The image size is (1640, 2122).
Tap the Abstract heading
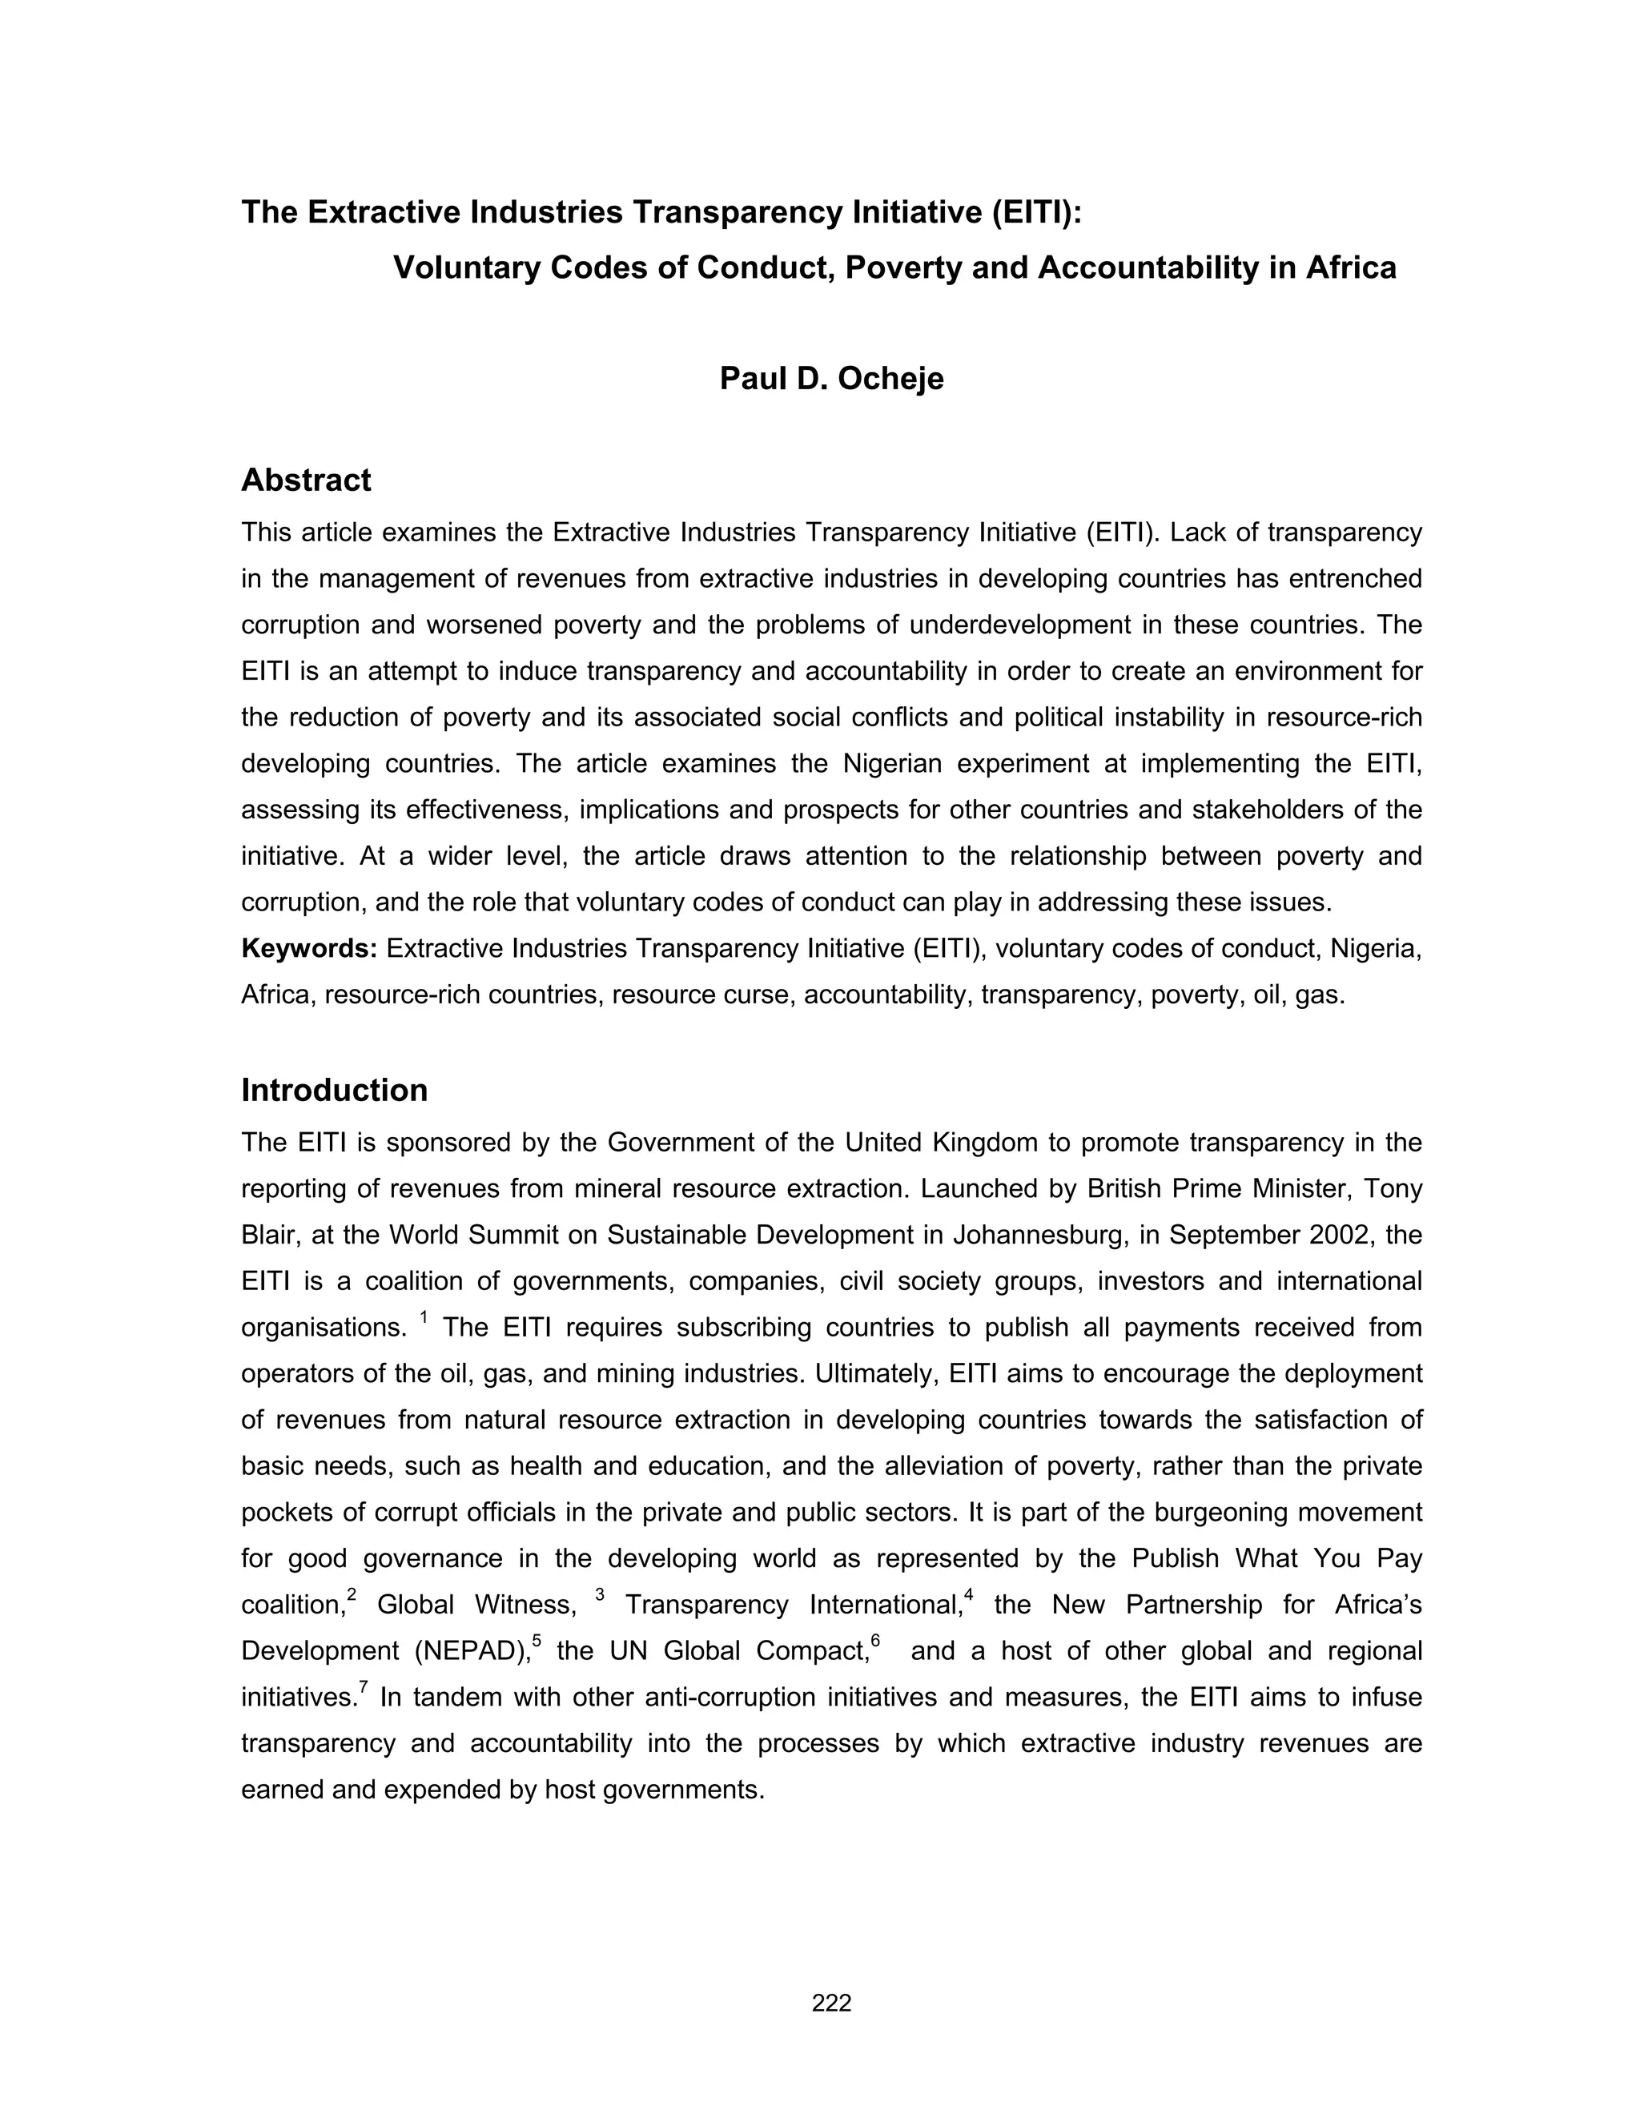(306, 480)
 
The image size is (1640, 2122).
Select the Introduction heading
(334, 1090)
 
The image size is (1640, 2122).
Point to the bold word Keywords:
(309, 948)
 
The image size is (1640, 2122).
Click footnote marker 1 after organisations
(424, 1317)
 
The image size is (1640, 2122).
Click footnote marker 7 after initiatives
(364, 1686)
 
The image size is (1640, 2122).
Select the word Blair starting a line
(269, 1235)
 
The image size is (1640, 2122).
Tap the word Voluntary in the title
(466, 267)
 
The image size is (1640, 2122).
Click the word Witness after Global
(525, 1605)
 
